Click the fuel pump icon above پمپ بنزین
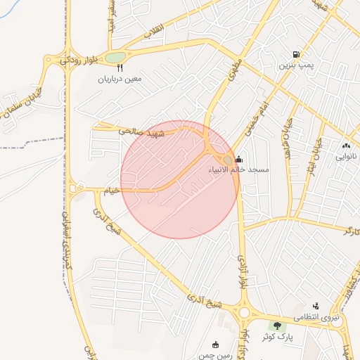tap(296, 54)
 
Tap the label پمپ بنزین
tap(295, 65)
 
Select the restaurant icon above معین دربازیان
tap(120, 68)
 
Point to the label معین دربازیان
tap(120, 79)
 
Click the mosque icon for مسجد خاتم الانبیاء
tap(240, 159)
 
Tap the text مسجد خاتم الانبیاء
tap(238, 169)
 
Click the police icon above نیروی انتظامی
tap(316, 306)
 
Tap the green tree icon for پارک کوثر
tap(278, 326)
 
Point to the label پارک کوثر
tap(278, 337)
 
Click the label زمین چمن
tap(215, 356)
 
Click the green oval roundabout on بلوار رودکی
tap(116, 57)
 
